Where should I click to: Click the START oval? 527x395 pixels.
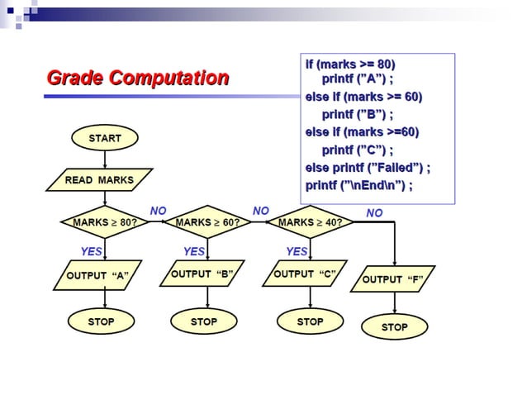click(x=105, y=138)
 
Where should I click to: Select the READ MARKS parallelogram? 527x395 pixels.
click(x=98, y=180)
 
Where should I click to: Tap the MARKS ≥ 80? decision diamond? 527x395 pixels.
click(x=104, y=222)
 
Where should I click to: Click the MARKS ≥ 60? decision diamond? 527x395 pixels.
click(x=207, y=222)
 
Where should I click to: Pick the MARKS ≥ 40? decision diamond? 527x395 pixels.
click(x=310, y=222)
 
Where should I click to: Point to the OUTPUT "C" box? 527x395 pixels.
click(x=305, y=274)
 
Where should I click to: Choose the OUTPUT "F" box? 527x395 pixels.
click(x=393, y=279)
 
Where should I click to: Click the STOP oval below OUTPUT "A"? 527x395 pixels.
click(x=101, y=321)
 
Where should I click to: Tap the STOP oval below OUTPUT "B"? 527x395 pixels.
click(x=203, y=321)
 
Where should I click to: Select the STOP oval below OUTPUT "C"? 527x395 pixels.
click(x=310, y=321)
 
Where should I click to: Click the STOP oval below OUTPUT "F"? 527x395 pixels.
click(x=394, y=327)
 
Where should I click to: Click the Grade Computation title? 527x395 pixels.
click(x=138, y=79)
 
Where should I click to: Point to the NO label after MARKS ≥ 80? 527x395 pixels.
click(x=158, y=212)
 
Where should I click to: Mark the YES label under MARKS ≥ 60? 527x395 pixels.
click(x=193, y=251)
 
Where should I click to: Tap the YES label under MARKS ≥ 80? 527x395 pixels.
click(x=91, y=251)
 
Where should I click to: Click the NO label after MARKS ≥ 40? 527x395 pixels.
click(x=374, y=213)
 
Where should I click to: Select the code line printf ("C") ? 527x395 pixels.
click(x=357, y=150)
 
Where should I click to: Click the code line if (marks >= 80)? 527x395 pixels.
click(x=350, y=64)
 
